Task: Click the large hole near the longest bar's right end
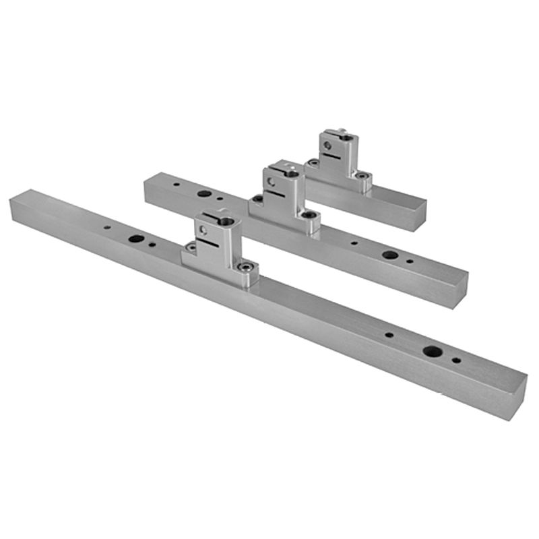[432, 351]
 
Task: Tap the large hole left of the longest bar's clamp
[136, 239]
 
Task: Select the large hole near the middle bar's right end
[389, 255]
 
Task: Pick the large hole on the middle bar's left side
[203, 194]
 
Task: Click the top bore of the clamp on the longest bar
[226, 221]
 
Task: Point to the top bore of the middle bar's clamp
[292, 174]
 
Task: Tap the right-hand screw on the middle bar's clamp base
[309, 216]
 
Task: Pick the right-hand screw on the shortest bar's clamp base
[362, 176]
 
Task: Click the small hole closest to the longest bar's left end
[107, 228]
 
